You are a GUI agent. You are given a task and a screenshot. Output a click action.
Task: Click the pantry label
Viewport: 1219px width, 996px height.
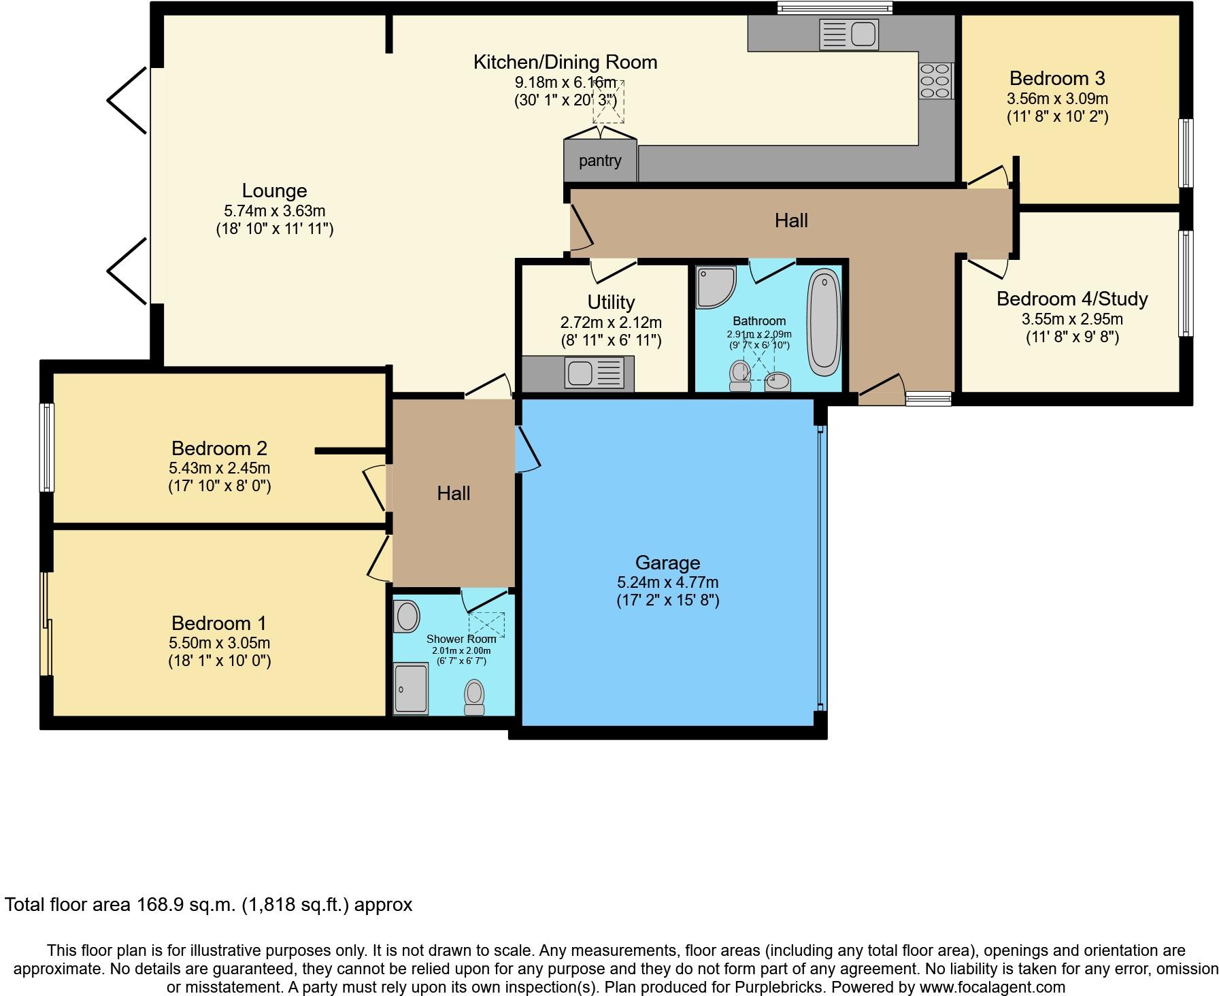click(600, 161)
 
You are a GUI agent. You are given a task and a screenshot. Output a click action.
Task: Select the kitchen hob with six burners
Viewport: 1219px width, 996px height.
click(936, 81)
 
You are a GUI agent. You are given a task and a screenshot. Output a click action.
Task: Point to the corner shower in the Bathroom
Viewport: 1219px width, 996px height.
click(715, 286)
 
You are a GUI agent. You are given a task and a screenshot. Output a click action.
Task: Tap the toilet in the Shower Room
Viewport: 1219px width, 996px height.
click(474, 697)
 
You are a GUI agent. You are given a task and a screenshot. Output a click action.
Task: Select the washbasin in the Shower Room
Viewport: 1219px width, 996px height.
click(407, 616)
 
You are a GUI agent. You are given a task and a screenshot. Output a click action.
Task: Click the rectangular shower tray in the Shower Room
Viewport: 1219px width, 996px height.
click(412, 688)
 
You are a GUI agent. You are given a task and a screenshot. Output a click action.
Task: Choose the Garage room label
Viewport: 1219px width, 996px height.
click(667, 563)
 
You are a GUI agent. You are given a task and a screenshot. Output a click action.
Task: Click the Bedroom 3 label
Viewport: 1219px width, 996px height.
click(1057, 78)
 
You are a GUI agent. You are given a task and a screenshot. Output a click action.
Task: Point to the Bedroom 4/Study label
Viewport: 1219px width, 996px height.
click(1072, 299)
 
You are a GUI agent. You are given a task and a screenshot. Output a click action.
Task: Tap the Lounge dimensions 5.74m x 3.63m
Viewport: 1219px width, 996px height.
click(275, 211)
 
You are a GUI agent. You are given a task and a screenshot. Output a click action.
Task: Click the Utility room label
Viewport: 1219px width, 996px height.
click(611, 302)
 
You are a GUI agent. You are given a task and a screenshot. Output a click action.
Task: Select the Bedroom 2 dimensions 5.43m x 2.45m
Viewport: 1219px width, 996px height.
click(219, 468)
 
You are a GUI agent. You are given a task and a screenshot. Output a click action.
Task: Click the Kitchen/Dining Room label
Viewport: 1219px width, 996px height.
click(565, 62)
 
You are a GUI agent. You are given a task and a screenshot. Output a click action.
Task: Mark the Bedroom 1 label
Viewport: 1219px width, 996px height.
click(219, 623)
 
